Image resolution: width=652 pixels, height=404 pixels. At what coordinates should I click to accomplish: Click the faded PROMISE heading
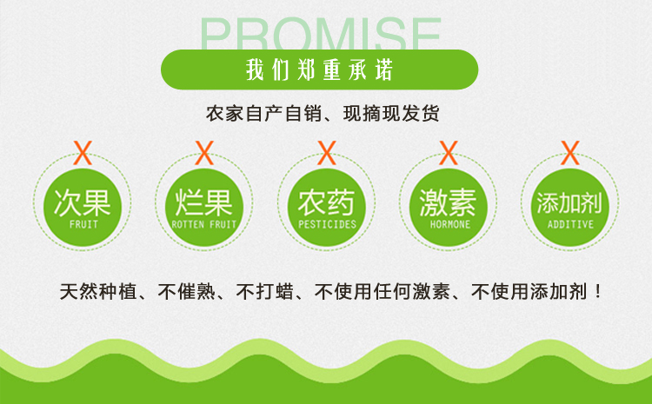(320, 34)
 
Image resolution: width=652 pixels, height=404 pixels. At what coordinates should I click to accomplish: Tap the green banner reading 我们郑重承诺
(319, 70)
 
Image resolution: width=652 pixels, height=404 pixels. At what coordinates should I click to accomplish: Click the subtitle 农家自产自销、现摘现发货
(323, 114)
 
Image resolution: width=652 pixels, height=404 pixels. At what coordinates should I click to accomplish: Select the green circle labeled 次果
(83, 207)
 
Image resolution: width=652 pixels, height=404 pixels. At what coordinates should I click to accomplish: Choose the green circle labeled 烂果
(204, 207)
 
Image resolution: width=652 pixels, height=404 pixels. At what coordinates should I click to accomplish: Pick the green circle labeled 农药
(326, 207)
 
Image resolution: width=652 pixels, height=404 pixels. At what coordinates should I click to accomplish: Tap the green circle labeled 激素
(449, 207)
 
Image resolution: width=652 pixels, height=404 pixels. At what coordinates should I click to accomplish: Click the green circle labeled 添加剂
(569, 207)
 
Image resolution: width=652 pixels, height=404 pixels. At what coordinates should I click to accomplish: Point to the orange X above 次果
(83, 153)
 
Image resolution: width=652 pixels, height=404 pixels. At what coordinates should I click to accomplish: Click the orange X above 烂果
(204, 153)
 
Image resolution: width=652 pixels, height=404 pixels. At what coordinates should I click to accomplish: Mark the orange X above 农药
(327, 153)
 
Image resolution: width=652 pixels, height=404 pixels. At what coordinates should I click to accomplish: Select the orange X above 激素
(449, 153)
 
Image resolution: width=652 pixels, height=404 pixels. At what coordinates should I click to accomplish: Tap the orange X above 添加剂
(570, 153)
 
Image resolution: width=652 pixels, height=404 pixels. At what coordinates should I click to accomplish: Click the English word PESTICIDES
(327, 224)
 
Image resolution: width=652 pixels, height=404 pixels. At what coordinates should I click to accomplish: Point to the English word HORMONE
(450, 224)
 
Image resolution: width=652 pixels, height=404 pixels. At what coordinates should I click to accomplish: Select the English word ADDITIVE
(570, 224)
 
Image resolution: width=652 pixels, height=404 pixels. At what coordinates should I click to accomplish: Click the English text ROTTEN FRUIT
(204, 224)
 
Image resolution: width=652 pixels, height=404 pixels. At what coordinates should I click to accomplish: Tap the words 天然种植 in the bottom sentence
(98, 291)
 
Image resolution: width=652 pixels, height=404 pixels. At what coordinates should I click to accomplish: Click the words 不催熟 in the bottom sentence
(187, 291)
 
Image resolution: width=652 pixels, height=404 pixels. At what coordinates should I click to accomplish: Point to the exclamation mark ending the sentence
(598, 291)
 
